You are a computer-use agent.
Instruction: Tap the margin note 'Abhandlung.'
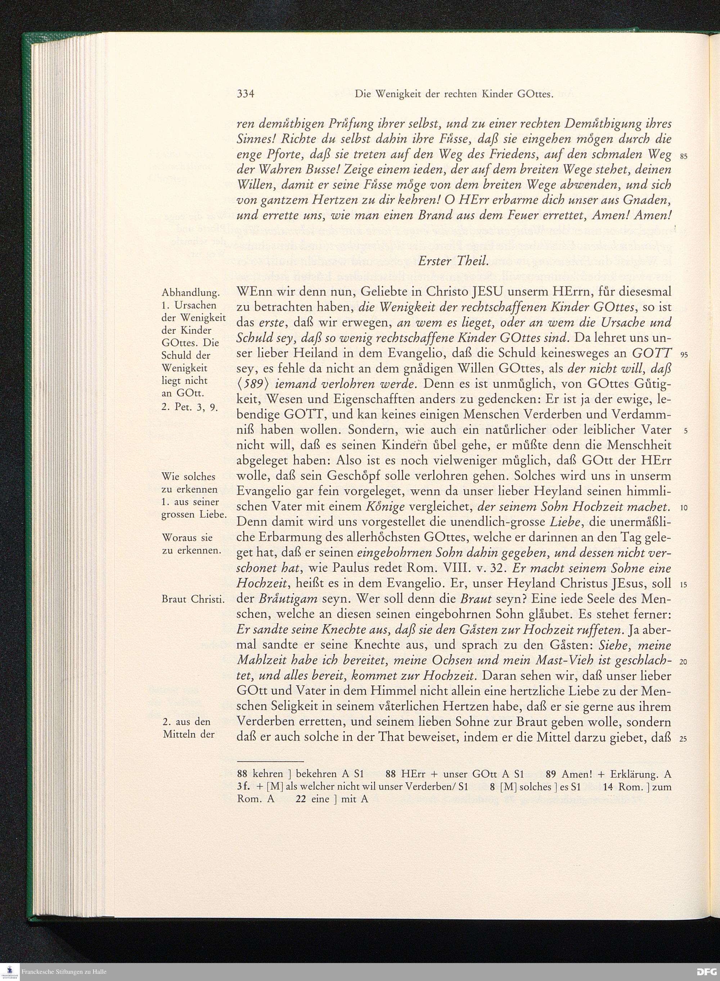click(x=190, y=293)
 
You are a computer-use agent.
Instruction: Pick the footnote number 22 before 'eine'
click(x=300, y=799)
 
